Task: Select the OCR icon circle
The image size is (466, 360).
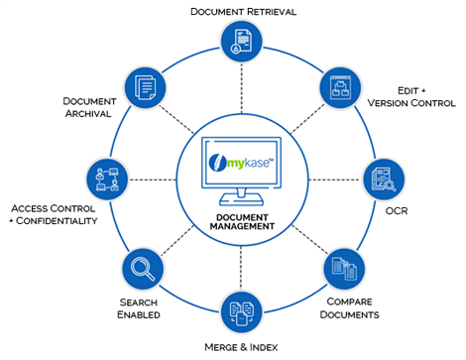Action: pyautogui.click(x=384, y=180)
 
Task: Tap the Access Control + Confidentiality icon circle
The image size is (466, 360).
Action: pyautogui.click(x=105, y=179)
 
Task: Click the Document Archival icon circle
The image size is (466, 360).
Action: pyautogui.click(x=141, y=87)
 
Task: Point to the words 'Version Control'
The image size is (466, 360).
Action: pyautogui.click(x=411, y=103)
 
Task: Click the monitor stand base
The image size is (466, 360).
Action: pyautogui.click(x=238, y=204)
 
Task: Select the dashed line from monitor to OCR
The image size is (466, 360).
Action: pyautogui.click(x=333, y=180)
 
